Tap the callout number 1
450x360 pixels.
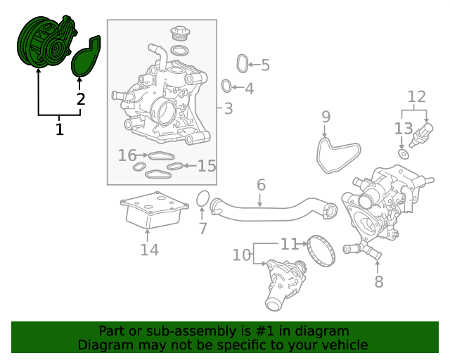point(59,129)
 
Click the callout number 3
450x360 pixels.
point(228,108)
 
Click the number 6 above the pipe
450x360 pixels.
point(261,185)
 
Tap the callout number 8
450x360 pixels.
point(379,281)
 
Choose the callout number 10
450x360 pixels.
point(242,255)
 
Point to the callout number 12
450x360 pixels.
point(417,97)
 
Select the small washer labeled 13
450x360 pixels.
point(404,154)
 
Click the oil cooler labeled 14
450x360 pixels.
point(155,211)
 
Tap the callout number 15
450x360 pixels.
point(207,166)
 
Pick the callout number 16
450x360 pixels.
point(127,155)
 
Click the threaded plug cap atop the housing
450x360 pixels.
point(181,32)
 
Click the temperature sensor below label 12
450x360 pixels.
point(421,135)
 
